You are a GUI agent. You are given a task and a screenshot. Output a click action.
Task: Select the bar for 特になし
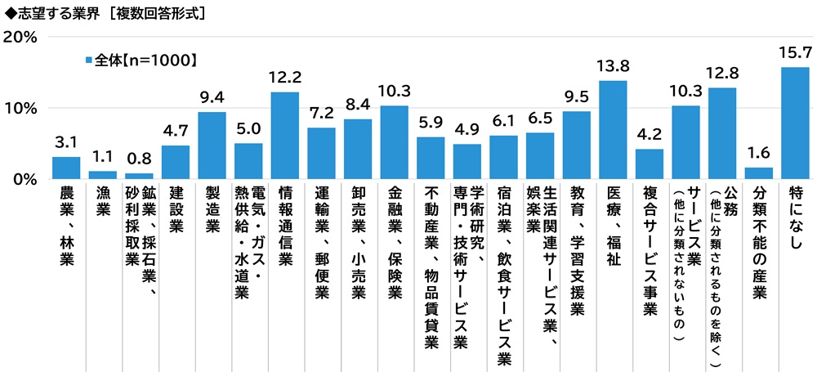(x=795, y=123)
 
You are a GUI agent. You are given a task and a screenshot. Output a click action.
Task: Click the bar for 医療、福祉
(x=613, y=129)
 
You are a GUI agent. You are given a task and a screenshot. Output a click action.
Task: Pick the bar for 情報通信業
(x=284, y=135)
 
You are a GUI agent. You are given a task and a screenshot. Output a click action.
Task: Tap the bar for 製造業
(x=212, y=145)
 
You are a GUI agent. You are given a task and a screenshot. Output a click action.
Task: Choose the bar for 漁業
(x=102, y=174)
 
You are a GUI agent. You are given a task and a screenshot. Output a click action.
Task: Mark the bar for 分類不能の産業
(x=759, y=173)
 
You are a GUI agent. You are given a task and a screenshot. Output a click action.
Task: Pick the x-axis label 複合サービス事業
(x=650, y=250)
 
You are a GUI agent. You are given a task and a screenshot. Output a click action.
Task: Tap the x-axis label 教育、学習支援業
(x=577, y=250)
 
